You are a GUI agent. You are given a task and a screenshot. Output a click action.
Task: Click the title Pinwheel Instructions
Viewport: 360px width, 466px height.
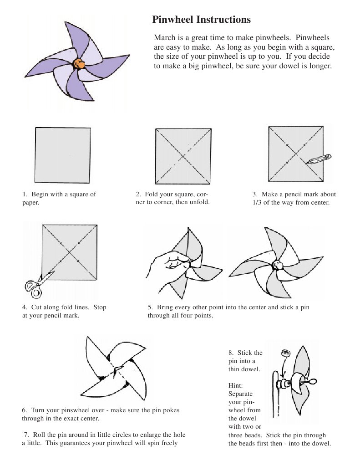[201, 20]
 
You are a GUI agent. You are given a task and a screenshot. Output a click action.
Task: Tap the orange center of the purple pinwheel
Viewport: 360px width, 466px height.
[79, 64]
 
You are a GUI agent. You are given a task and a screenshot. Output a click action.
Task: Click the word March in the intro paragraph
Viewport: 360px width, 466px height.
[165, 38]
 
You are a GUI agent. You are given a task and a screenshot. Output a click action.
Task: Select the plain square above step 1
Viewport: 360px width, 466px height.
[63, 155]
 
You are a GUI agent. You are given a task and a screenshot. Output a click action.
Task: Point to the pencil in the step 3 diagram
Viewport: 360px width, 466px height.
[319, 159]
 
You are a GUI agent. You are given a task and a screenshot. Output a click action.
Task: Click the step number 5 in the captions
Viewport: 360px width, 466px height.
[150, 307]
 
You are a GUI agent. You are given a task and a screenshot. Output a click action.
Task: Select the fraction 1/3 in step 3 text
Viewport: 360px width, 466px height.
[257, 203]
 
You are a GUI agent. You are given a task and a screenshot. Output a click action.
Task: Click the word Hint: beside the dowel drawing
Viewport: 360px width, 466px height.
[236, 385]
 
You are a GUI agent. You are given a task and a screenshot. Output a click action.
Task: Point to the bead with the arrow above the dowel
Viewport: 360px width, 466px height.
[286, 353]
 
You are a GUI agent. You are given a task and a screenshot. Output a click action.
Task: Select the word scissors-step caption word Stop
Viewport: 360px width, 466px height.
[100, 307]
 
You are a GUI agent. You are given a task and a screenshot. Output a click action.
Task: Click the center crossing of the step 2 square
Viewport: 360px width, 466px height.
[183, 156]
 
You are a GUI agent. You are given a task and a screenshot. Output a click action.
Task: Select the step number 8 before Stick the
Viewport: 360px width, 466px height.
[231, 353]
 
